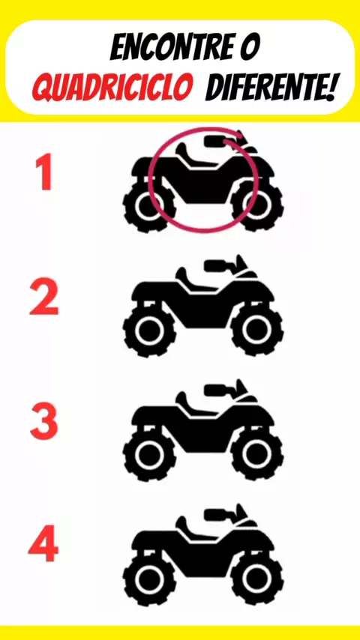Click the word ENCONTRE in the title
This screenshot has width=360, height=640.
(x=174, y=49)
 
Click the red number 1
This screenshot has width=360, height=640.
(x=44, y=172)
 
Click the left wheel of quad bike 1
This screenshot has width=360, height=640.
(x=149, y=206)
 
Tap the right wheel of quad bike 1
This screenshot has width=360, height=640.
(x=256, y=206)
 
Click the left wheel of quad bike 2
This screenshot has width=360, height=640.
(x=149, y=330)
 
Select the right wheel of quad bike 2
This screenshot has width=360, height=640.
(x=256, y=330)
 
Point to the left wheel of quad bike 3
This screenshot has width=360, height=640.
(x=149, y=454)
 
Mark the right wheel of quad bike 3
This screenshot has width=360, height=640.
(x=256, y=454)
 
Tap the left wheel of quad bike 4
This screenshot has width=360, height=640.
(x=149, y=579)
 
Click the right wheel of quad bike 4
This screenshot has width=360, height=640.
(x=256, y=579)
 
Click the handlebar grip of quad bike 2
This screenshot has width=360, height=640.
(x=216, y=266)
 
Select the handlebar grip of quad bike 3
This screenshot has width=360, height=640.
(x=216, y=390)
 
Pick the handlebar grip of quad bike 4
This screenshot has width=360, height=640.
(x=216, y=515)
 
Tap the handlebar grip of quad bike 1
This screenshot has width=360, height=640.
(x=216, y=141)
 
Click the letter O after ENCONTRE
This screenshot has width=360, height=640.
(x=250, y=49)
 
